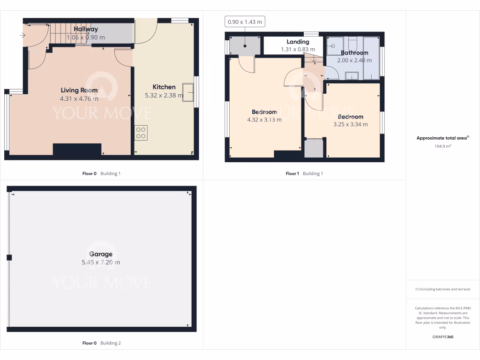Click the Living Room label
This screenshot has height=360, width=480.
pos(79,90)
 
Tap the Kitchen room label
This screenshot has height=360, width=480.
pos(164,87)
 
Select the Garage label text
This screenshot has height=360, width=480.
pos(101,254)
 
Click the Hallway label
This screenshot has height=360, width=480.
pos(85,29)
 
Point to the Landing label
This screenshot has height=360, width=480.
pos(298,42)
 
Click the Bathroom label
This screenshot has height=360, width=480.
pos(354,53)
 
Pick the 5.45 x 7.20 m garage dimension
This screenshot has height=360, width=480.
pos(101,262)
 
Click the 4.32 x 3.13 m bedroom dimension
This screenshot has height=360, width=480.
pos(264,120)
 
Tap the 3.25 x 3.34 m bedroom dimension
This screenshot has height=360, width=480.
pos(350,124)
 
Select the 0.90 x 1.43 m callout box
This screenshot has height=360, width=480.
pos(245,22)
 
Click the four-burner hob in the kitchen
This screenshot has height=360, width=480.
pos(141,133)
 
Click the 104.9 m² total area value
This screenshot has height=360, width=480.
pos(443,146)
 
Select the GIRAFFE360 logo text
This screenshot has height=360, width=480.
pos(443,337)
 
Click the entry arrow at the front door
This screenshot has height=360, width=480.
pos(22,35)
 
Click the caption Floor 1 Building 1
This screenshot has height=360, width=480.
pos(304,173)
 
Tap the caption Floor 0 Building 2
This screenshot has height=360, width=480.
pos(101,343)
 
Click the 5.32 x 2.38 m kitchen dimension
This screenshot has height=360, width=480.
pos(164,95)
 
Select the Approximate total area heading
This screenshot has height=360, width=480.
pos(442,138)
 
